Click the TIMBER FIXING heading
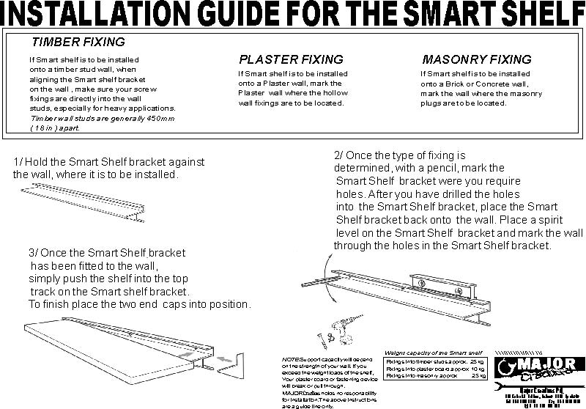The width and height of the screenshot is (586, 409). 78,43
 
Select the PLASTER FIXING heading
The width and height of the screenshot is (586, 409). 291,59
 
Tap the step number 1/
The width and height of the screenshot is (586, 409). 19,162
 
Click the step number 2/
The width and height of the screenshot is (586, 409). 339,156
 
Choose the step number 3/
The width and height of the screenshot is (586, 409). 34,253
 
